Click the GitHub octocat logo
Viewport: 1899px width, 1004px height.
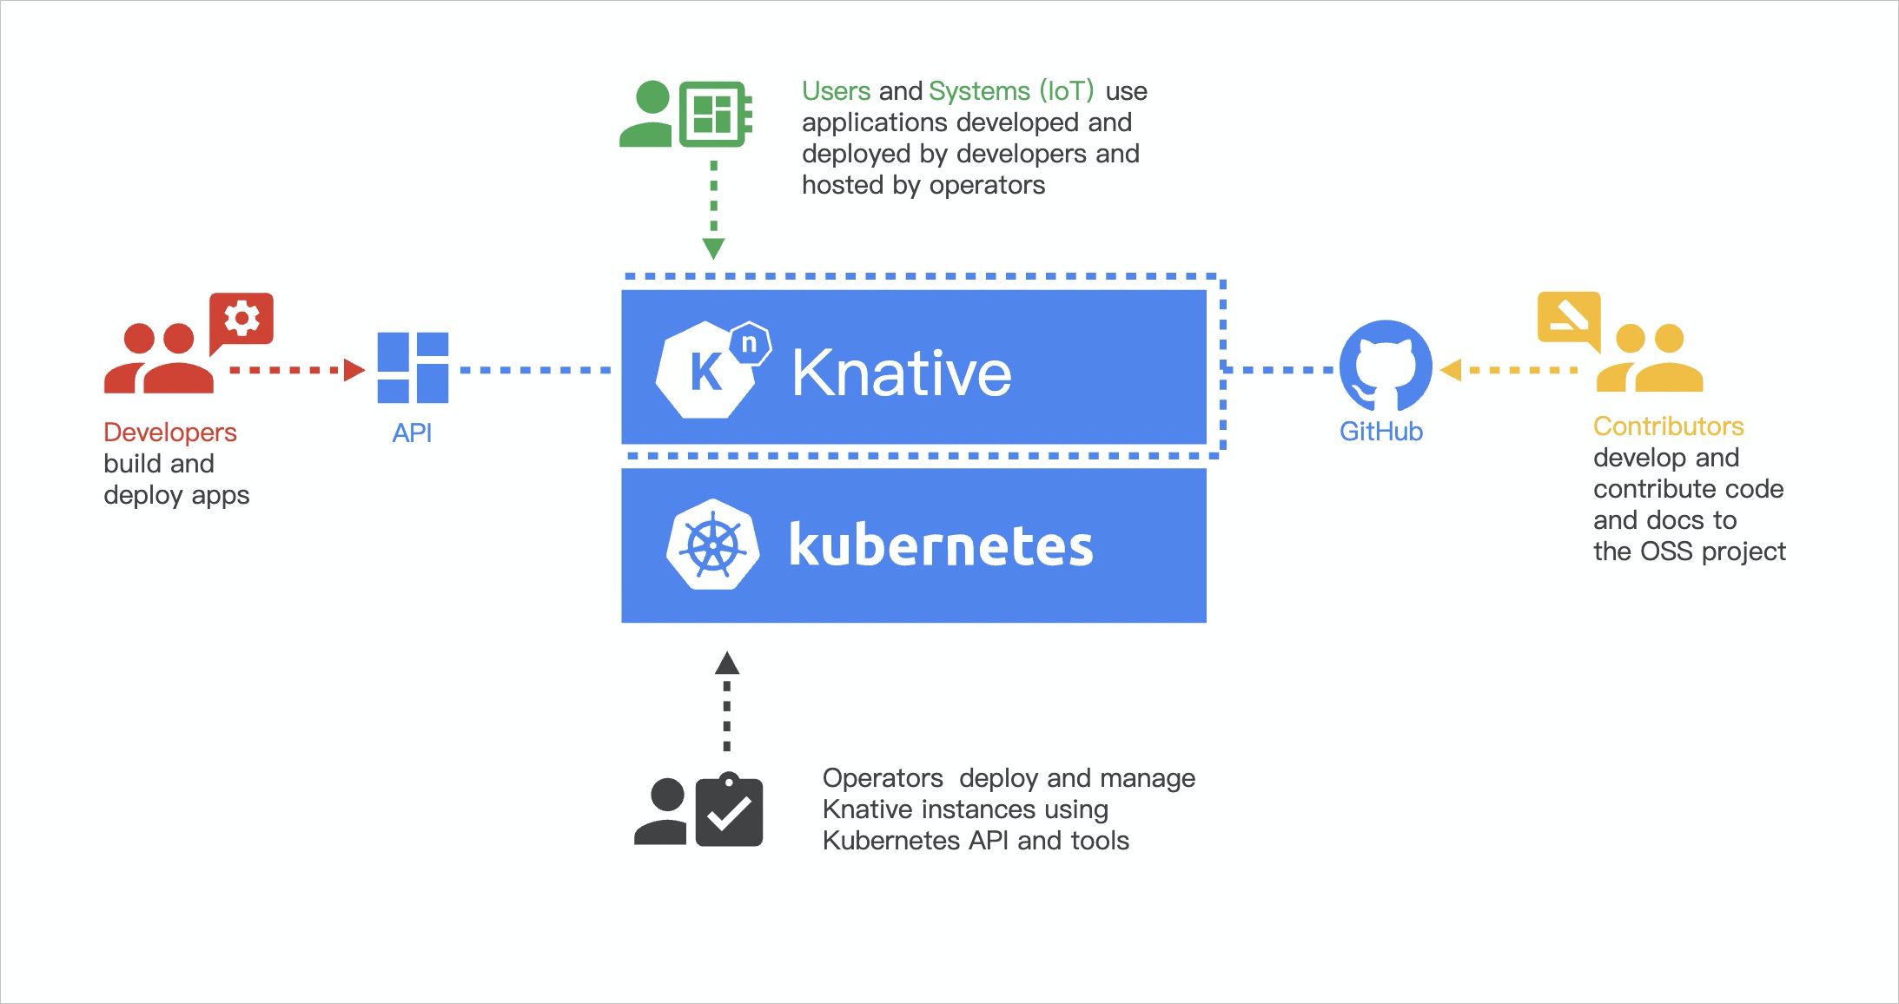tap(1386, 366)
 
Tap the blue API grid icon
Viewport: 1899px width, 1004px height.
tap(413, 367)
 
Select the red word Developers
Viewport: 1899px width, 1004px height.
tap(169, 433)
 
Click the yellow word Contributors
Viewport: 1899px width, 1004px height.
tap(1668, 426)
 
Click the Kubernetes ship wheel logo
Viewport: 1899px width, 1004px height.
tap(712, 545)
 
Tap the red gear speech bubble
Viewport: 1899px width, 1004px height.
tap(242, 320)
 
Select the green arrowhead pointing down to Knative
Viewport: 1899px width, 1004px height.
tap(713, 249)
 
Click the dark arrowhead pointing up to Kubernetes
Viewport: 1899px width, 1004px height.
tap(727, 664)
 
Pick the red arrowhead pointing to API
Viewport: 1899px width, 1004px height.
tap(353, 370)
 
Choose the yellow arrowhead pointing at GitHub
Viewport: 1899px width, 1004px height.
tap(1451, 370)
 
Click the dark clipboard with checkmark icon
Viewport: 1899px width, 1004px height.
tap(729, 811)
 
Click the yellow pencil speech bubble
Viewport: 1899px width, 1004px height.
tap(1568, 319)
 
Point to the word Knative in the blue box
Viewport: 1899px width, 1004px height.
tap(902, 373)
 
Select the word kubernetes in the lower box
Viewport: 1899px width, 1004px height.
tap(941, 545)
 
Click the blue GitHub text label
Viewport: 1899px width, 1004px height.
tap(1380, 432)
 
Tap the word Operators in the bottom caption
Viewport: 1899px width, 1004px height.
tap(882, 778)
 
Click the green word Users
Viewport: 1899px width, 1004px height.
tap(836, 91)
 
